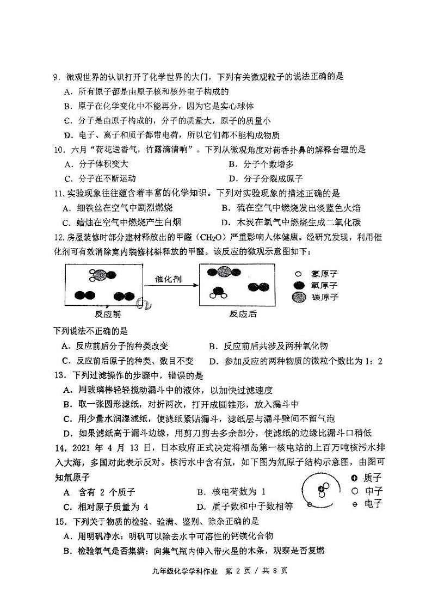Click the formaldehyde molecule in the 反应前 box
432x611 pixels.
98,275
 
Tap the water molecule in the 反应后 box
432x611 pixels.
219,292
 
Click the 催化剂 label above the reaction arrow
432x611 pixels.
169,279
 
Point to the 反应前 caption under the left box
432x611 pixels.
108,314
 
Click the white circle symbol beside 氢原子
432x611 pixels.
298,274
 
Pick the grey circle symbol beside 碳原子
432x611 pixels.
298,297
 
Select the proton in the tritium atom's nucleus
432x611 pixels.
322,489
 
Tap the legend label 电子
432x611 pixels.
373,504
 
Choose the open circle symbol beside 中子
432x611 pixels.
354,491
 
